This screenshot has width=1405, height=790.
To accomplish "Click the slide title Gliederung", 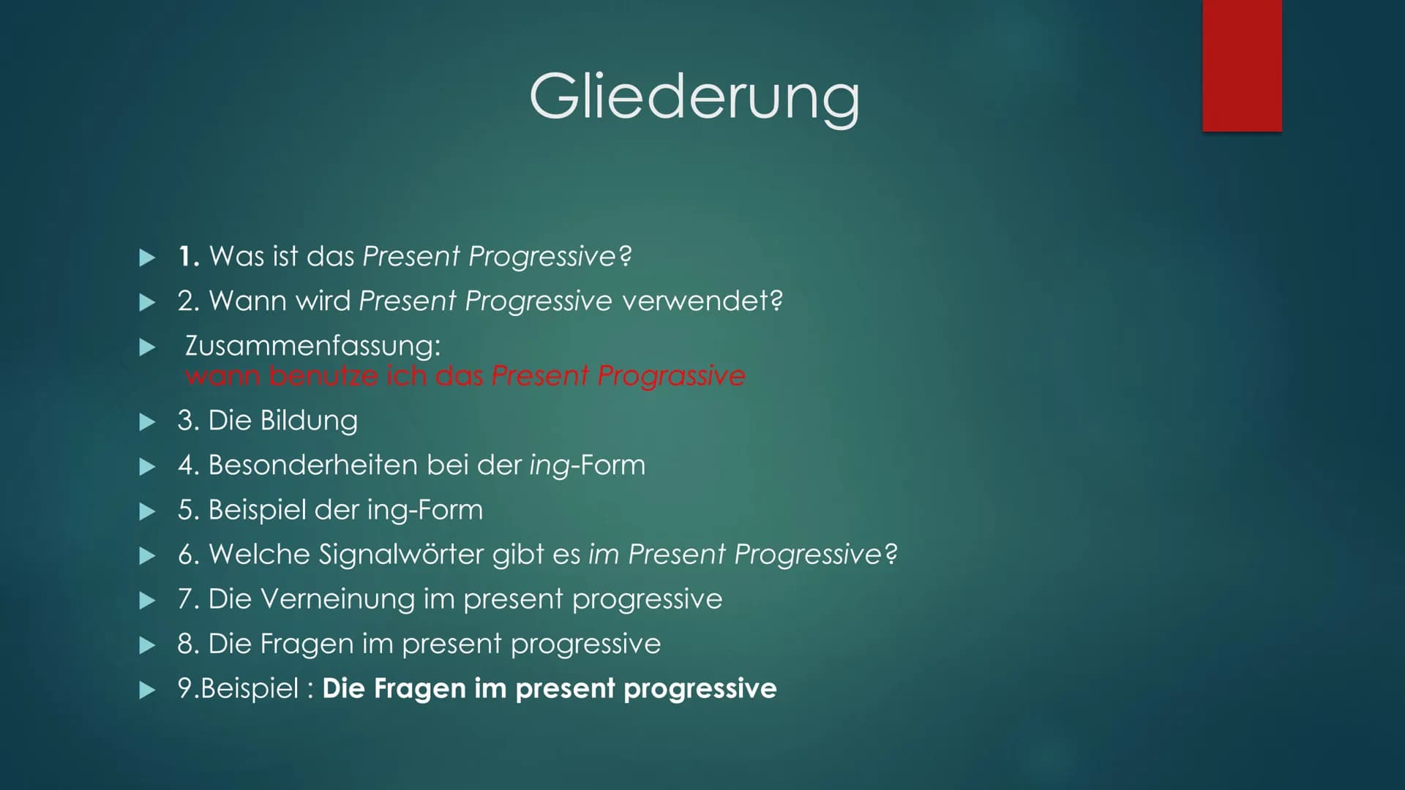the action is (x=694, y=97).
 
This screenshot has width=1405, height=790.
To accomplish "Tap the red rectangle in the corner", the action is (x=1242, y=66).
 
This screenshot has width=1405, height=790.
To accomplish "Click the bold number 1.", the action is (x=189, y=256).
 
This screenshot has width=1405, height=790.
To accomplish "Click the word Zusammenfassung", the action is (x=312, y=345).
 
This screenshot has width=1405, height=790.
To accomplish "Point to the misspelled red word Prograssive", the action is (x=671, y=376).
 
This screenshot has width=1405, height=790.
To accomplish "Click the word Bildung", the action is (x=309, y=421).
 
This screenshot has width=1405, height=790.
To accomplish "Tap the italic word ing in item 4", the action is (x=550, y=467).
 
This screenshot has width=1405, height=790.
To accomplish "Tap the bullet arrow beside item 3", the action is (x=148, y=421).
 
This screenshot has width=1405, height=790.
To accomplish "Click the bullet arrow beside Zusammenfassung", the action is (x=148, y=347).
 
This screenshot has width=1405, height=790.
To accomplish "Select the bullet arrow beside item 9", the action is (x=148, y=690).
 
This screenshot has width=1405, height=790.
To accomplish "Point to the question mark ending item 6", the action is (x=891, y=554).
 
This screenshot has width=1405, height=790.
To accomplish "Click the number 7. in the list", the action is (x=189, y=599).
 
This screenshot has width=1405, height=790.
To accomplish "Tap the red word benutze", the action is (x=323, y=376).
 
